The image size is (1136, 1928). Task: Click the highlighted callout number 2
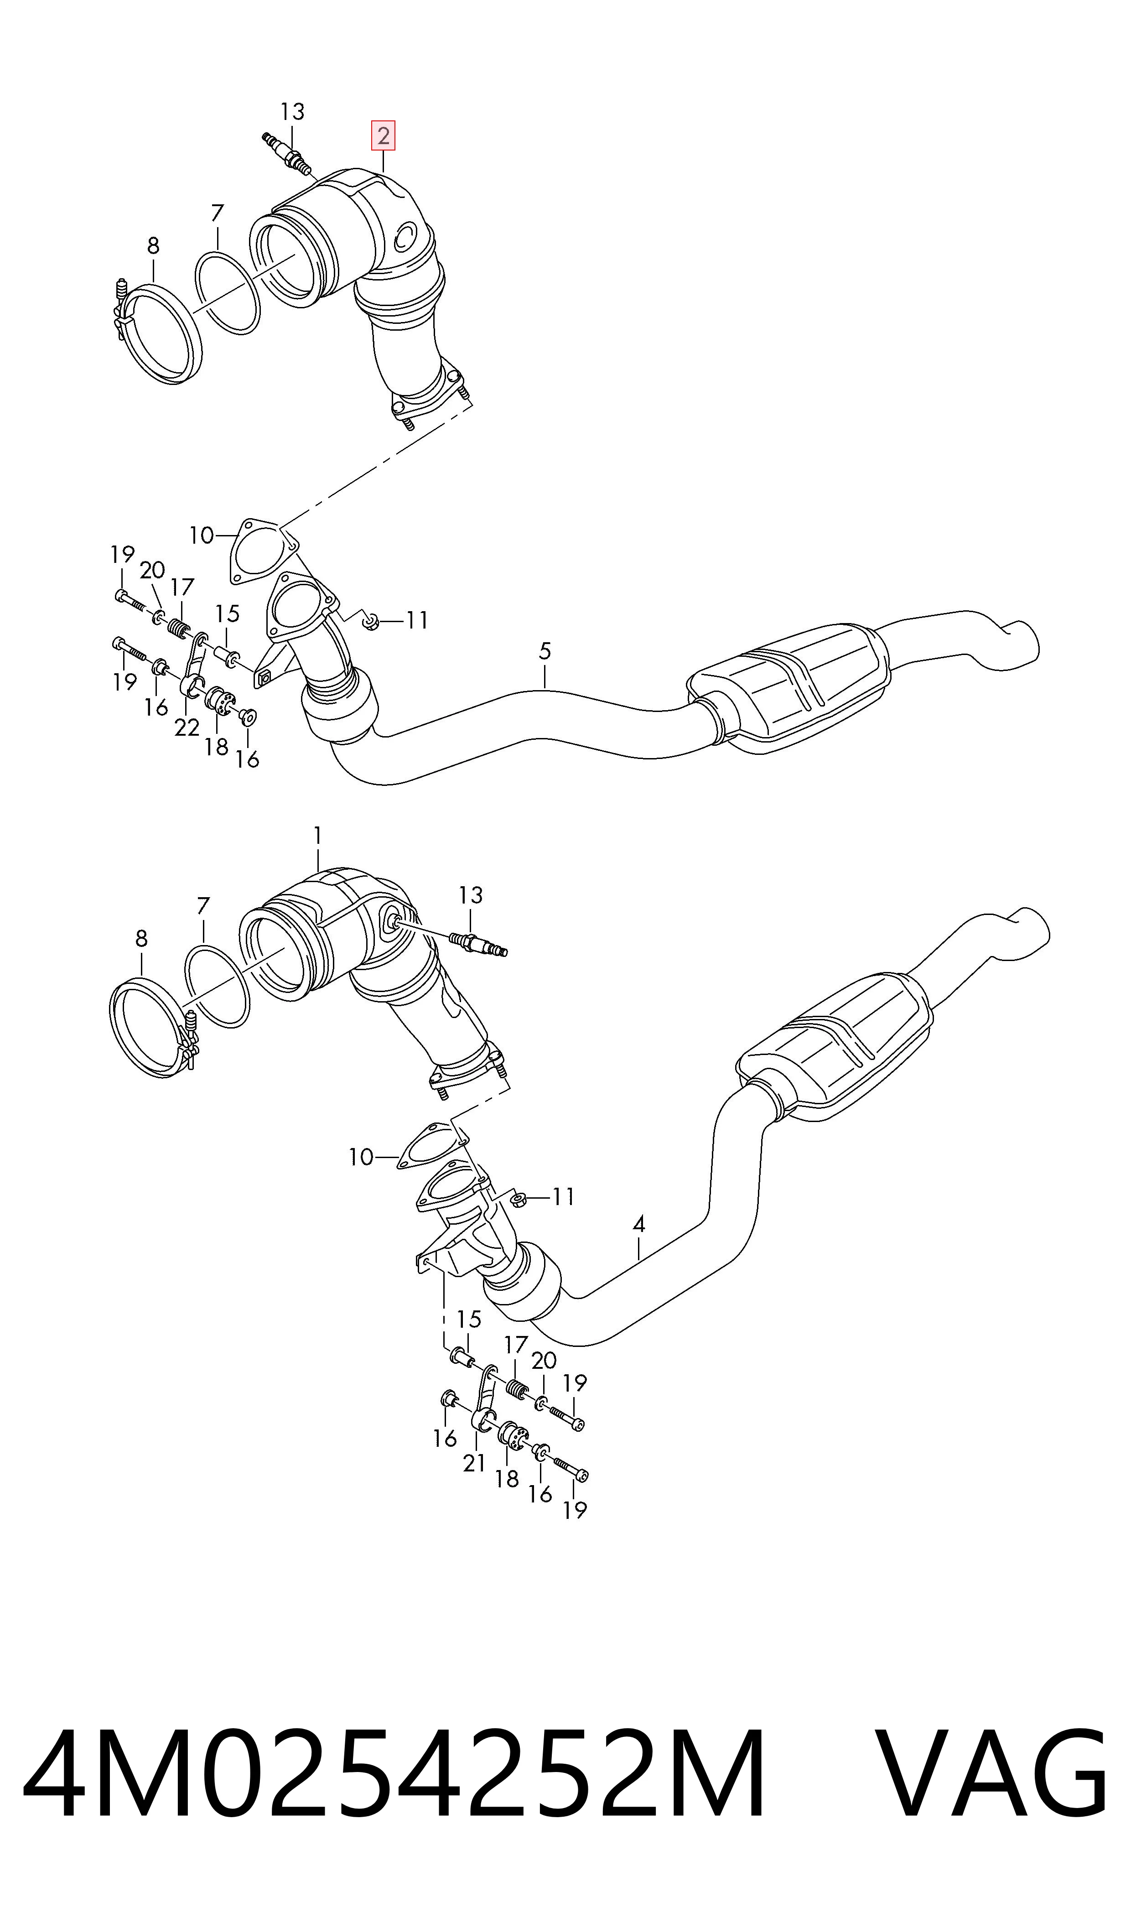coord(383,136)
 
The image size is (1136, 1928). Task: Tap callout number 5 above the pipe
coord(544,651)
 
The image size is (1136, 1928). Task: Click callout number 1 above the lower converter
coord(318,835)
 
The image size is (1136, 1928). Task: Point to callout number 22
coord(187,727)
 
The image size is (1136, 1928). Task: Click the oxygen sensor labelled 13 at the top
coord(287,153)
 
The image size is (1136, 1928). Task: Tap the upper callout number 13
coord(292,112)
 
